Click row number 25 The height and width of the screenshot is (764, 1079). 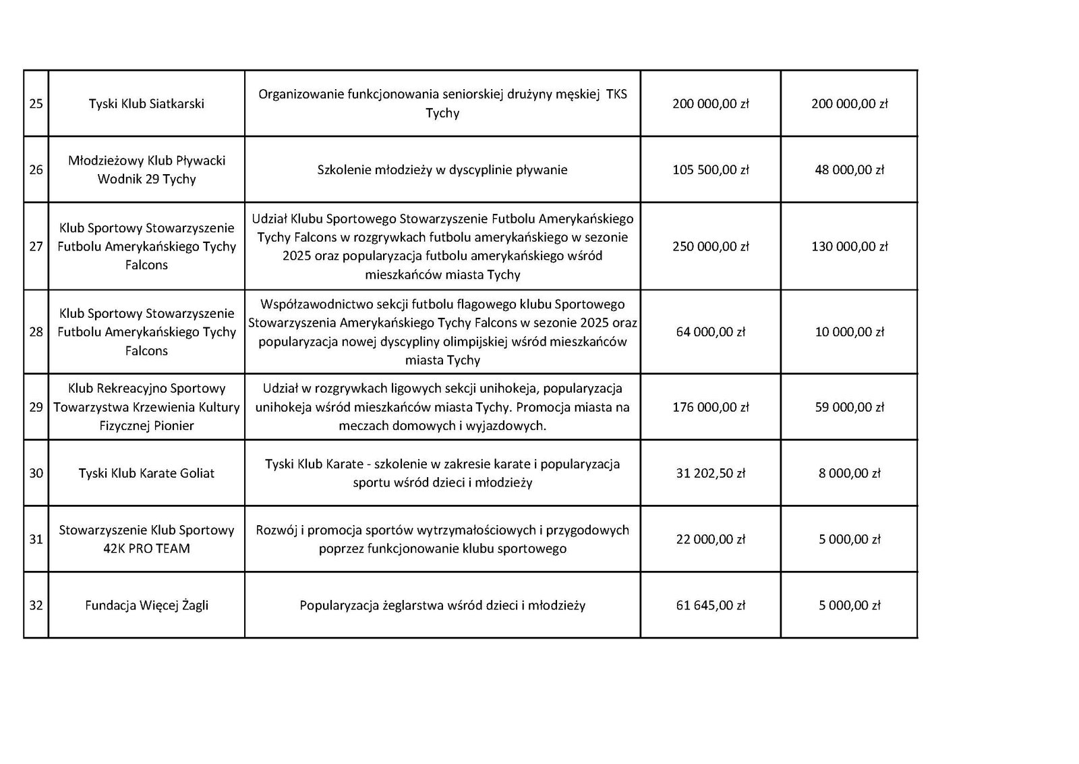[x=36, y=104]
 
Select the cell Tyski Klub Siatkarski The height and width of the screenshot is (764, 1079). [x=146, y=104]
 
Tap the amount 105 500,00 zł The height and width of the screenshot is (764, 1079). [x=711, y=170]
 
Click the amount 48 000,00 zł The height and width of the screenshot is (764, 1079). [x=849, y=170]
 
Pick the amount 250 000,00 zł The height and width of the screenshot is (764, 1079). [x=711, y=246]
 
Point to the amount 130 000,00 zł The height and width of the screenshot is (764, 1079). [x=849, y=246]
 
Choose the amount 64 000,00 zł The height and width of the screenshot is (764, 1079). [x=711, y=332]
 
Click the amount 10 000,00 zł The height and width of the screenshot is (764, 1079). [x=849, y=332]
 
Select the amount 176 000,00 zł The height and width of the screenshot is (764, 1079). [x=711, y=407]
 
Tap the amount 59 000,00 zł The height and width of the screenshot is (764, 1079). [x=849, y=407]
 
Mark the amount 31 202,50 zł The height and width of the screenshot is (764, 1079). [x=711, y=473]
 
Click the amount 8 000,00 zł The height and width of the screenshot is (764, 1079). [x=849, y=473]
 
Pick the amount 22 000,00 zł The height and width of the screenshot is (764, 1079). [x=711, y=539]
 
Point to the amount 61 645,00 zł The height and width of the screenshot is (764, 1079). [x=711, y=605]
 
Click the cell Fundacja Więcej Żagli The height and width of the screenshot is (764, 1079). [x=146, y=605]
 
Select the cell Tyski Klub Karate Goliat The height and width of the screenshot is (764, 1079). [x=146, y=473]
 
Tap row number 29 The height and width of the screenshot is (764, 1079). [x=36, y=407]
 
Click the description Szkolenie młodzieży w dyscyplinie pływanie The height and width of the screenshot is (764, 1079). [x=442, y=170]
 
